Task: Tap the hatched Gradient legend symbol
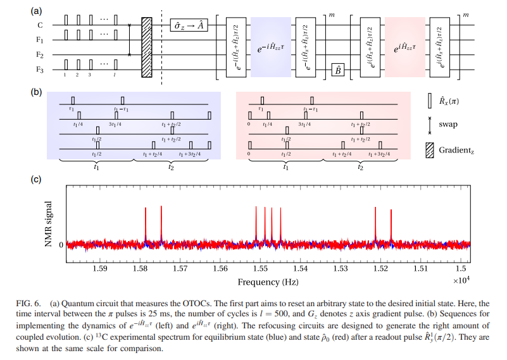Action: pos(430,150)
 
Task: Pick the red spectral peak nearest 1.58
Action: pos(146,225)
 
